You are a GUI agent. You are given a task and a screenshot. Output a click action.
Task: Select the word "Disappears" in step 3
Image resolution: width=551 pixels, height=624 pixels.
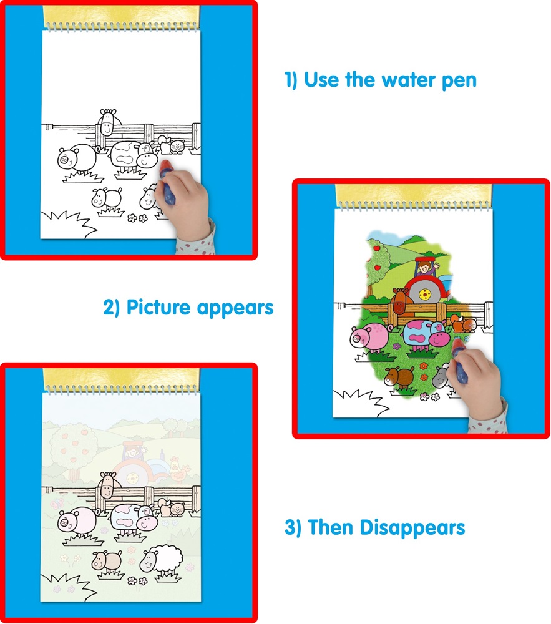click(x=412, y=529)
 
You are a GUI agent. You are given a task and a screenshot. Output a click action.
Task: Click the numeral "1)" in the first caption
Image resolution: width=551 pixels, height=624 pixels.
click(x=291, y=80)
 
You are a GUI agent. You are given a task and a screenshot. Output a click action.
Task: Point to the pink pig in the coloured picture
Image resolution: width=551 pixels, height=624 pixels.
click(x=369, y=338)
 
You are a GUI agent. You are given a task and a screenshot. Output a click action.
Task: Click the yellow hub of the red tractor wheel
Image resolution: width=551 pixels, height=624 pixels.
click(x=426, y=295)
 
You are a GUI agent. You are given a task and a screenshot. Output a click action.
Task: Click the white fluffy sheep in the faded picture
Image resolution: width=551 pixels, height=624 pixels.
click(x=162, y=561)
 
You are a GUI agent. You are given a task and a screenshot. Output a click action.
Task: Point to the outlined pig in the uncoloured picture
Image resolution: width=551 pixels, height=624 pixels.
click(x=77, y=159)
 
